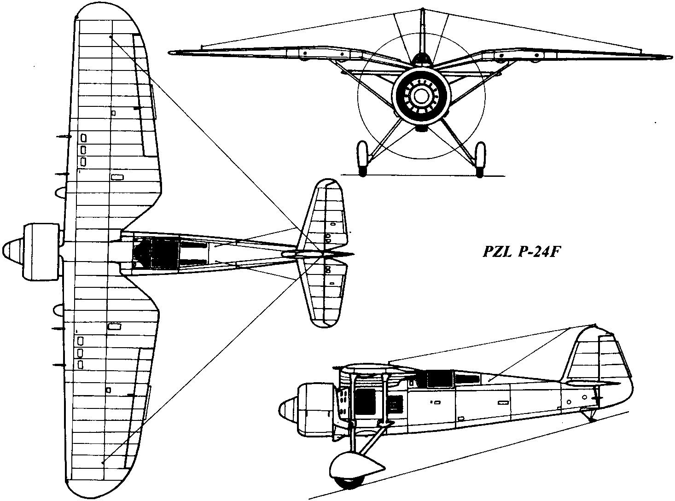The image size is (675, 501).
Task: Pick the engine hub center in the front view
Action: (420, 96)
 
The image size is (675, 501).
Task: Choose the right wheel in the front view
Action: (480, 158)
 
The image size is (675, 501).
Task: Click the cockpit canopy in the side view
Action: (440, 378)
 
